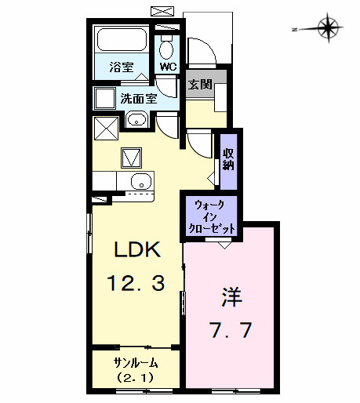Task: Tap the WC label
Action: point(167,67)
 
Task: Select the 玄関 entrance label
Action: point(199,84)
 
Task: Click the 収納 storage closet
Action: point(227,159)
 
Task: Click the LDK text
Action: point(137,251)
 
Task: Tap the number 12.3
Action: point(137,283)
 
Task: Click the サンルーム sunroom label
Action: point(136,362)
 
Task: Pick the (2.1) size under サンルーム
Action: point(136,377)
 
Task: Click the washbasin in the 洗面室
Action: point(137,121)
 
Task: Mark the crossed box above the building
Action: point(164,11)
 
